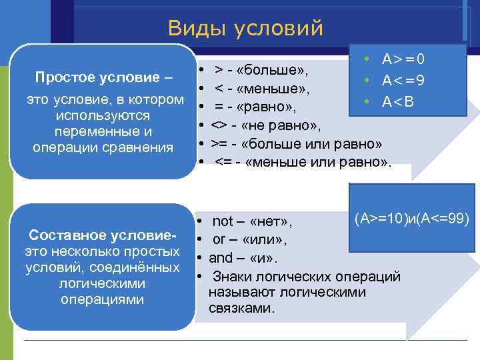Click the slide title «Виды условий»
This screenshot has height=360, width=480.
point(245,28)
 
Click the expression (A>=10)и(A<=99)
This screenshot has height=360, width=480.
point(412,218)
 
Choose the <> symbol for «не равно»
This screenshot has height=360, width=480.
point(219,125)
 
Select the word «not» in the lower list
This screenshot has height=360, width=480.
point(223,221)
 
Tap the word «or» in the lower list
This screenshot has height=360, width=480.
point(219,239)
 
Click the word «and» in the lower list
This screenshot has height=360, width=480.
point(221,257)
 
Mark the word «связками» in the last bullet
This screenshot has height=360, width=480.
point(241,309)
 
